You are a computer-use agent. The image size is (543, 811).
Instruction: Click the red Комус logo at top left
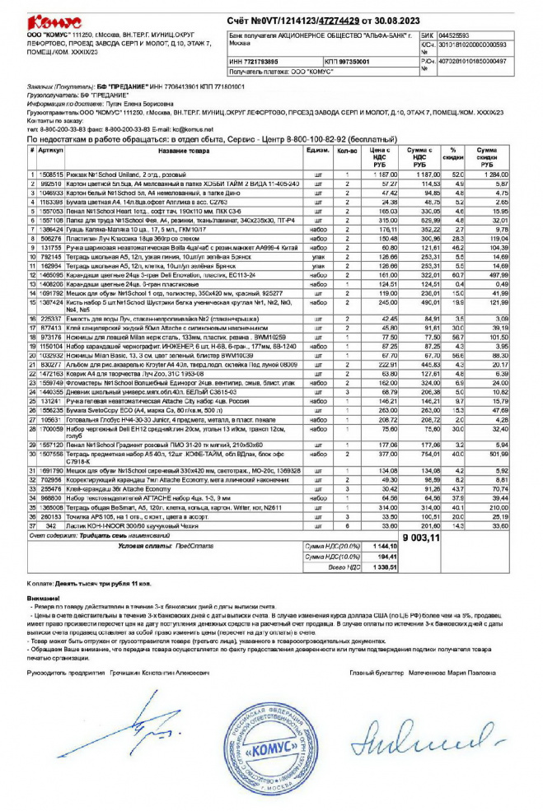point(54,20)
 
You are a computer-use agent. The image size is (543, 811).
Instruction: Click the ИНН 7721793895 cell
point(254,62)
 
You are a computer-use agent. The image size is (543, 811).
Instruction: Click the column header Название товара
point(184,151)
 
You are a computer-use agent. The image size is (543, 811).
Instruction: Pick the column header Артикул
point(49,151)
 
